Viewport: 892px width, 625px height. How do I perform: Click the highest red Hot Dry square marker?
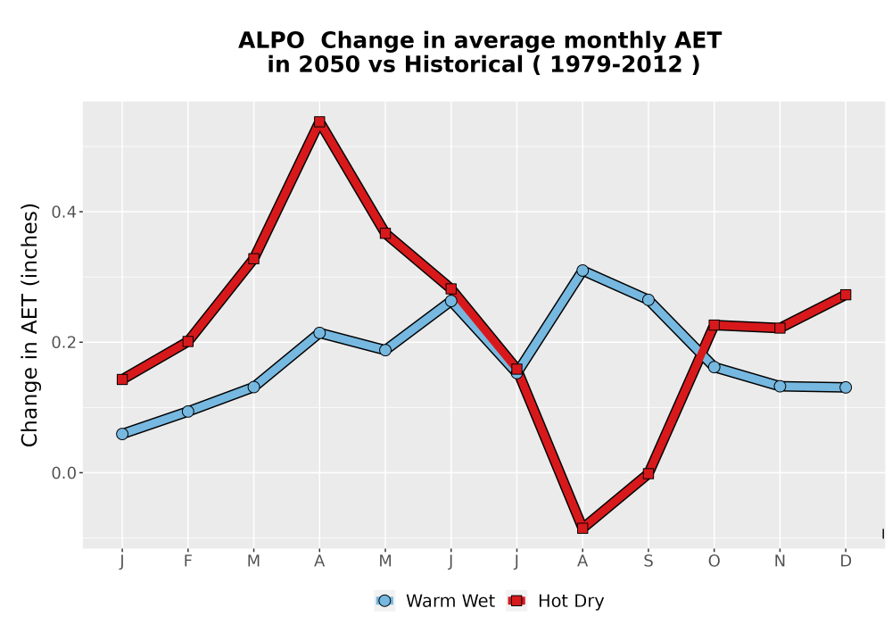click(319, 121)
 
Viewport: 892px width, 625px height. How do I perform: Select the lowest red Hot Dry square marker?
click(582, 529)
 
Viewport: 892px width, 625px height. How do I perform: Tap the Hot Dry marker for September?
click(648, 473)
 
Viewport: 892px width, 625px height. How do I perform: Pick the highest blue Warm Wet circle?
click(582, 271)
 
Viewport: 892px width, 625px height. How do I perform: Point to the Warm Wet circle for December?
click(846, 387)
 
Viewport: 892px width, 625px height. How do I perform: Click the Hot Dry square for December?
click(846, 295)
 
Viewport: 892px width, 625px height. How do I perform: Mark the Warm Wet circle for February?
click(187, 411)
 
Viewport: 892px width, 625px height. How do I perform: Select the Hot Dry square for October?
click(714, 325)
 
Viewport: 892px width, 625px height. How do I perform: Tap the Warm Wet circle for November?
click(780, 386)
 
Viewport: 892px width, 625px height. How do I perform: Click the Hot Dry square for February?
click(187, 342)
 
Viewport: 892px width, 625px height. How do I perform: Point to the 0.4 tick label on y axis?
click(63, 212)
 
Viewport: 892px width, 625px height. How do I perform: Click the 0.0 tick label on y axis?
click(63, 473)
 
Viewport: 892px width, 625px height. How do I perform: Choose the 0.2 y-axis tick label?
click(63, 343)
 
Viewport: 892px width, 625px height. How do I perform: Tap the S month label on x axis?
click(648, 562)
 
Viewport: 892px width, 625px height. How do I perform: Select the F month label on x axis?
click(187, 562)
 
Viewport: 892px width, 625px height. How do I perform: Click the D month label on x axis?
click(846, 562)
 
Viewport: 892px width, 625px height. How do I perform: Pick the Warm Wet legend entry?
click(434, 601)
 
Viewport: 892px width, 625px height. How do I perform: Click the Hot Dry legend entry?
click(556, 601)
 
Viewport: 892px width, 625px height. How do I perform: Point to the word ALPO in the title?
click(271, 41)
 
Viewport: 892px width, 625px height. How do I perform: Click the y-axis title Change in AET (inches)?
click(29, 325)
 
